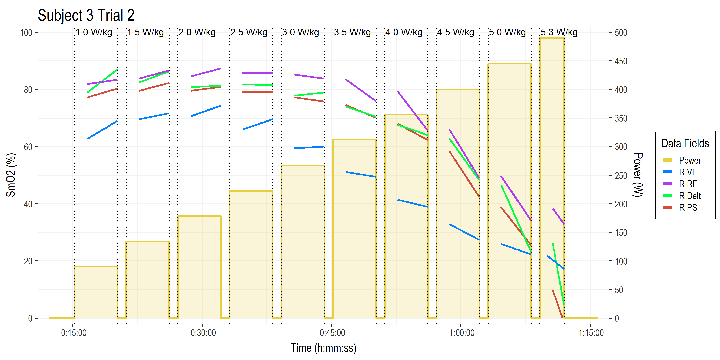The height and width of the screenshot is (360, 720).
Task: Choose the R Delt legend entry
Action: [x=690, y=196]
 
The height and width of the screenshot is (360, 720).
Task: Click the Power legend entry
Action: [x=690, y=160]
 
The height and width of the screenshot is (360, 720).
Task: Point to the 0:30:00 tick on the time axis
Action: [x=203, y=333]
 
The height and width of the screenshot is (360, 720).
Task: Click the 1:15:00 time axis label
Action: [x=591, y=333]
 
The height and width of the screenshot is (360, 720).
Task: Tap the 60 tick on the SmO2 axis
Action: [x=28, y=147]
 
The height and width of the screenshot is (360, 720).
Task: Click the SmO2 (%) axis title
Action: [x=11, y=175]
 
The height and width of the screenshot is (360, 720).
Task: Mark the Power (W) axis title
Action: [x=638, y=175]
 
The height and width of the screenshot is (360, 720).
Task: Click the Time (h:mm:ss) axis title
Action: [x=323, y=348]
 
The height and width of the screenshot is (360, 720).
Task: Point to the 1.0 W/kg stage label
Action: [x=94, y=32]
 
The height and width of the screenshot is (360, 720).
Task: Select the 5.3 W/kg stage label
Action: [x=559, y=32]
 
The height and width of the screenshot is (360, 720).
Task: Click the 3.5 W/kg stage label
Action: [x=352, y=32]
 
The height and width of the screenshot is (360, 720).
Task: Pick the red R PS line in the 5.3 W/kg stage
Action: [x=558, y=304]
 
